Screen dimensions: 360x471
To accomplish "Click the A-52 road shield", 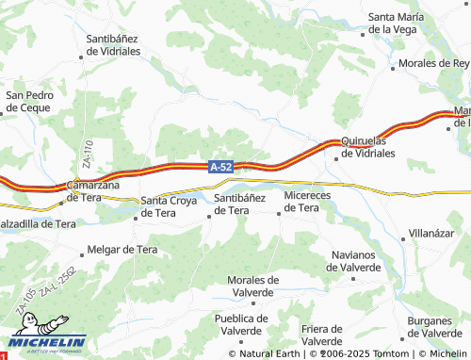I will coord(220,166).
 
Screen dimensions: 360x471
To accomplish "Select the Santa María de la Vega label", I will coord(406,23).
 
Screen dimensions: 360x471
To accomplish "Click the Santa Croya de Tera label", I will coord(171,206).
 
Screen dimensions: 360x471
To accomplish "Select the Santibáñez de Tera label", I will coord(245,204).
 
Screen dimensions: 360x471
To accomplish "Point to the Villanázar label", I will coord(437,231).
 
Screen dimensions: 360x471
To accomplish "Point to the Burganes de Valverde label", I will coord(433,327).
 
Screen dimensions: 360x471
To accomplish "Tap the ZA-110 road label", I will coord(86,155).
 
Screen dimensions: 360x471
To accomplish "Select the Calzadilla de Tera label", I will coord(38,224).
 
